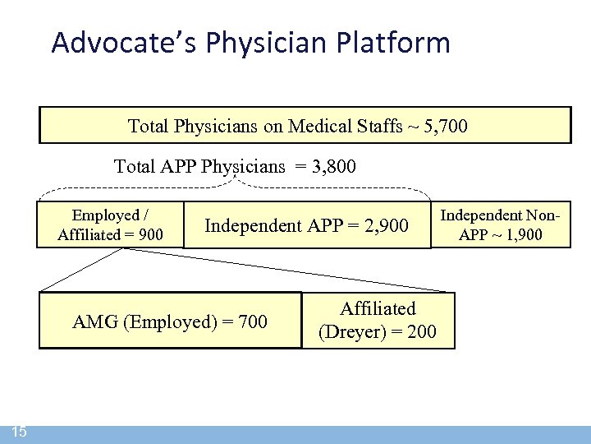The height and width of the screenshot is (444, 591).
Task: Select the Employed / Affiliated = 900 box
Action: click(110, 225)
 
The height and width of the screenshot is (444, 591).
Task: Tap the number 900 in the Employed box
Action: click(150, 235)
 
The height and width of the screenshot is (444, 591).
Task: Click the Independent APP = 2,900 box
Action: click(306, 225)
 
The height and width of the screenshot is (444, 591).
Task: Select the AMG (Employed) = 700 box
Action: click(170, 321)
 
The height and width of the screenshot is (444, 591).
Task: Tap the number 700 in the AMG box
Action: click(252, 321)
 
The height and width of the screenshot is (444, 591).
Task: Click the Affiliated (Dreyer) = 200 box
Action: click(378, 321)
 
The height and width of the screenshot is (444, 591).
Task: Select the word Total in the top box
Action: click(149, 127)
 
